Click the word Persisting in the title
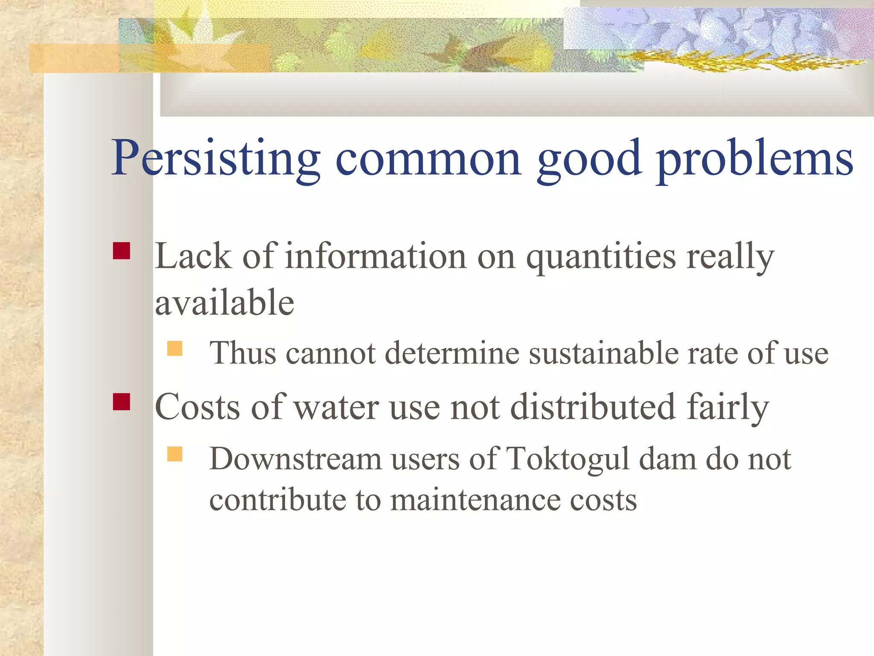tap(216, 158)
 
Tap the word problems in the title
tap(754, 158)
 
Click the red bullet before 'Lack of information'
tap(122, 251)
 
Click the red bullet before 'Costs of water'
tap(122, 401)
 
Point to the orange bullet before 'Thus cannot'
tap(175, 348)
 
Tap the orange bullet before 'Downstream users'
tap(175, 454)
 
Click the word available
tap(224, 302)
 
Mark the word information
tap(376, 256)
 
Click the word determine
tap(452, 354)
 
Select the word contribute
tap(278, 500)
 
